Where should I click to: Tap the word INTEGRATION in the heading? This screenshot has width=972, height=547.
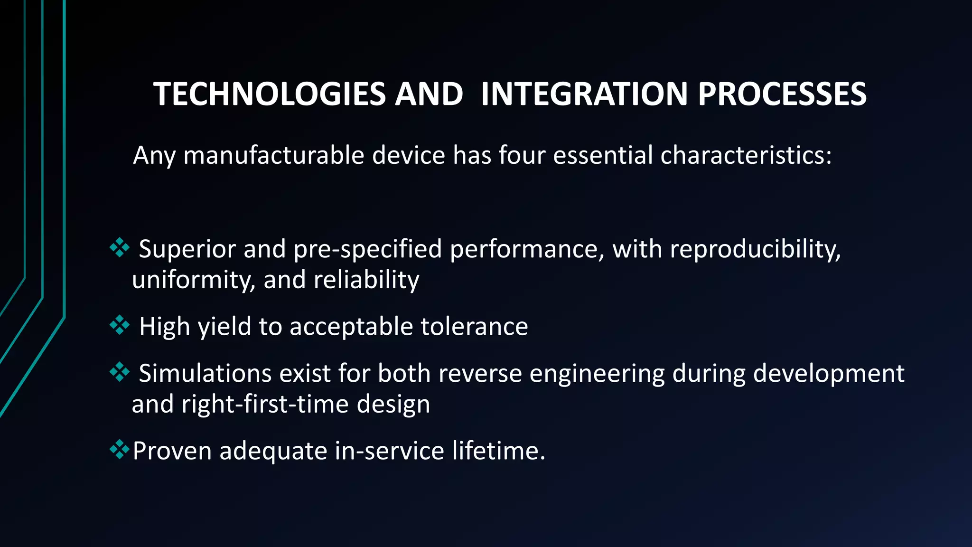(584, 94)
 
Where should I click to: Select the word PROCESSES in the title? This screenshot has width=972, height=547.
(782, 94)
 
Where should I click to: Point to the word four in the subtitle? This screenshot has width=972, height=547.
(522, 155)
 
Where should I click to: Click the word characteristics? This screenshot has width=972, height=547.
(745, 155)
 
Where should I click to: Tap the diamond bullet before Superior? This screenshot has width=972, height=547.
(119, 248)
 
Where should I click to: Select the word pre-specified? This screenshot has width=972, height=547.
(367, 250)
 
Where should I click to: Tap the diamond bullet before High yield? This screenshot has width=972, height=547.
(119, 325)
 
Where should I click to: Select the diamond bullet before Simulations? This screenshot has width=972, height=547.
(119, 372)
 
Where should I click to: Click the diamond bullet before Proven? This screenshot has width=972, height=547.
(119, 449)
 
